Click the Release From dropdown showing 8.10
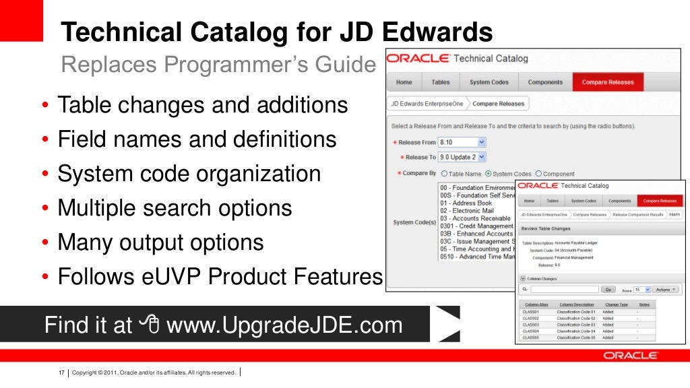462,142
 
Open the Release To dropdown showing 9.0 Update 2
462,157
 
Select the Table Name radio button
444,174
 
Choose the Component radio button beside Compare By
538,174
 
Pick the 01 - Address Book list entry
466,203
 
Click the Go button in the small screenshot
608,290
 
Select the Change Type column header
617,305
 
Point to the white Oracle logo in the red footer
630,355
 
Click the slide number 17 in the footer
61,373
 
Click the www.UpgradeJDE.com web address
284,326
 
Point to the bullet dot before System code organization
44,174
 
